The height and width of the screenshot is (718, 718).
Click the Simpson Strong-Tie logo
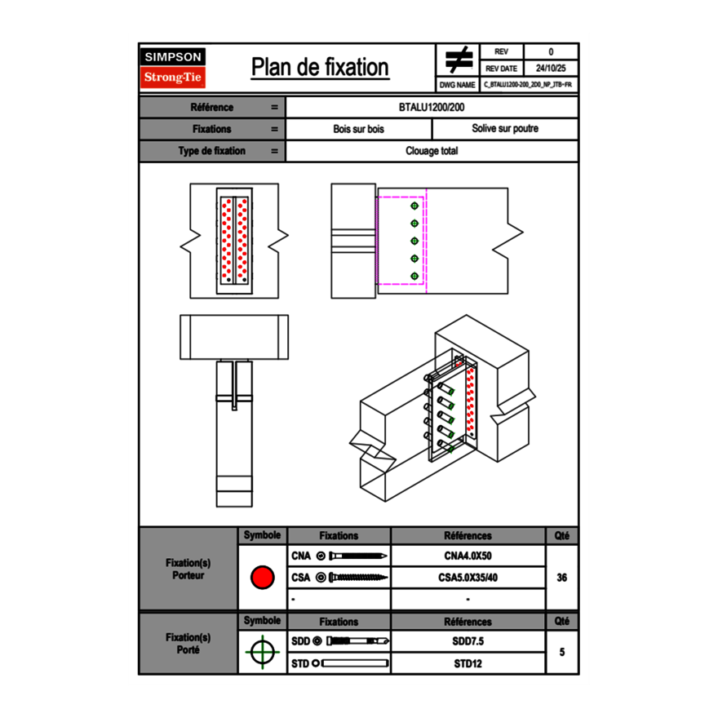point(174,68)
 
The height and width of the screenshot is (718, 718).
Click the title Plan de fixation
point(320,68)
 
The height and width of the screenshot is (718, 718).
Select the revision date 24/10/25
point(551,69)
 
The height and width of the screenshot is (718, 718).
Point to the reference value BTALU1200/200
point(432,108)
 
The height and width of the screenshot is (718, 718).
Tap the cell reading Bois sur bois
point(358,129)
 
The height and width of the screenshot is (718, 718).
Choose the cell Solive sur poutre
point(504,129)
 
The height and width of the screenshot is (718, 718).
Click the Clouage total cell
point(432,151)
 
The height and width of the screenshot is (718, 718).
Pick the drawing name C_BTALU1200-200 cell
point(528,85)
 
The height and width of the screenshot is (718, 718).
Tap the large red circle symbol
point(262,578)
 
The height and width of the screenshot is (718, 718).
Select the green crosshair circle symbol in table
point(262,653)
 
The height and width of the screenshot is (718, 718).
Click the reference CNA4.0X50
point(468,556)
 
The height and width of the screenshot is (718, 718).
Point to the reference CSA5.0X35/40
point(468,578)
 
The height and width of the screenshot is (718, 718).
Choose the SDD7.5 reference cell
point(468,641)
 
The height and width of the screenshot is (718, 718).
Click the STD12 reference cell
point(468,663)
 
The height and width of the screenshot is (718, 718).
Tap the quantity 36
point(561,578)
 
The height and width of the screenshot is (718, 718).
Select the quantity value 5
point(561,653)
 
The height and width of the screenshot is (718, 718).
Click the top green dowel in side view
point(414,206)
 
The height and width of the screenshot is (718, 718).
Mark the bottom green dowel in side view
point(414,276)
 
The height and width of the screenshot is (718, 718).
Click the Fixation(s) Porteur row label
point(188,569)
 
